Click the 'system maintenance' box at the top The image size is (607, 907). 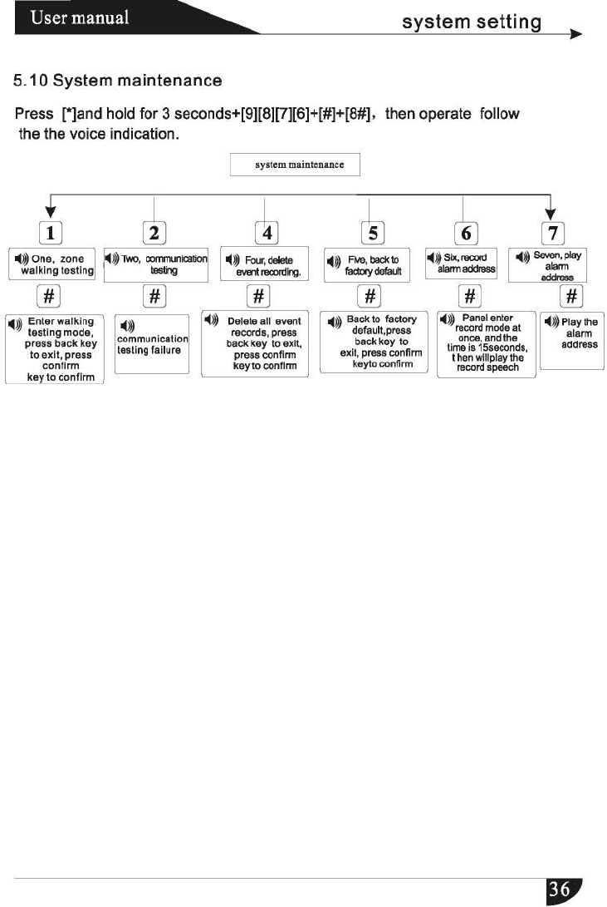tap(296, 165)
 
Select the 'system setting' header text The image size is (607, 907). tap(471, 22)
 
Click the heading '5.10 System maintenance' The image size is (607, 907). tap(117, 81)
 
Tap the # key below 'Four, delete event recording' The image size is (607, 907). tap(259, 295)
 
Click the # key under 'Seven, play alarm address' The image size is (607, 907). tap(571, 295)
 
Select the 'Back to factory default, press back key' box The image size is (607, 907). tap(374, 343)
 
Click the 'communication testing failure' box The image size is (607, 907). tap(152, 343)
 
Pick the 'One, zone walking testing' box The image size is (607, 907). tap(51, 264)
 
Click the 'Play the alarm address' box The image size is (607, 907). tap(571, 340)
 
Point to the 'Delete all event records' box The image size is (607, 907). tap(255, 345)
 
